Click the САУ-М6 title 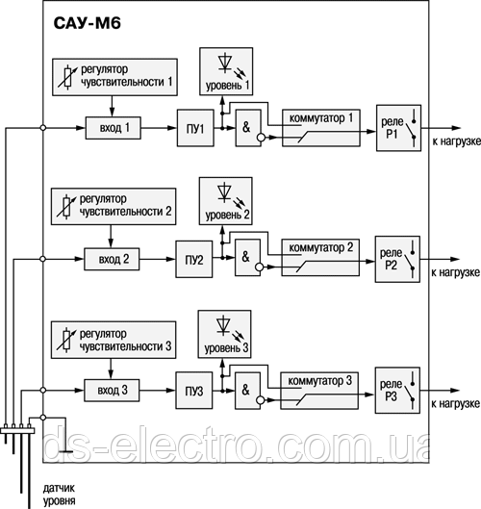coord(87,23)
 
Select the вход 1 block coord(114,128)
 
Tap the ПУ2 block coord(194,260)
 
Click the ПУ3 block coord(194,391)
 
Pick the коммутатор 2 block coord(320,258)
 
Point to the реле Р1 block coord(398,128)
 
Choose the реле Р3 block coord(397,391)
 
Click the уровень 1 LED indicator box coord(226,71)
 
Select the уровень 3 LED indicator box coord(224,334)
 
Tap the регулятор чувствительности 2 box coord(114,207)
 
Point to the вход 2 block coord(112,260)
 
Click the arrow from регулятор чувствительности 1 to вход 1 coord(112,106)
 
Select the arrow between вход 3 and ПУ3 coord(158,391)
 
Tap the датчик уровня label coord(59,494)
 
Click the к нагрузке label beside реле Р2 coord(455,272)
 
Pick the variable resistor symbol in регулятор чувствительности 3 coord(67,340)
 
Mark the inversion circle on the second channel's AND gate coord(260,267)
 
